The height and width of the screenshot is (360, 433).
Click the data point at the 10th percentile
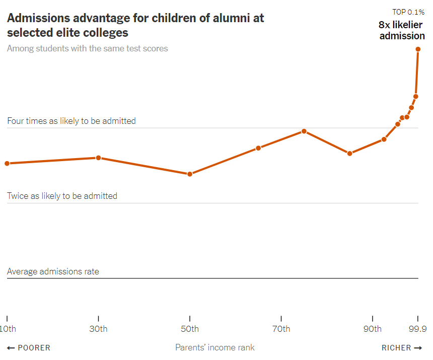[7, 163]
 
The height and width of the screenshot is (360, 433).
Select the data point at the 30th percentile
[99, 158]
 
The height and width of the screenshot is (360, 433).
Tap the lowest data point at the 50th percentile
[190, 174]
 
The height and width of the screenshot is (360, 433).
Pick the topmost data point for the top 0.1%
[418, 49]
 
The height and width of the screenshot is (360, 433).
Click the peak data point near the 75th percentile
[304, 131]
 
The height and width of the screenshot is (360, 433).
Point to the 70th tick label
[281, 329]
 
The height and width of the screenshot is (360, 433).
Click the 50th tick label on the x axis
[190, 329]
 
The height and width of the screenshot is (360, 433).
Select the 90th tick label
[373, 329]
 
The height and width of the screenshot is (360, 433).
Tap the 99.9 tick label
[418, 329]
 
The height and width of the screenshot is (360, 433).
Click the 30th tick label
[99, 329]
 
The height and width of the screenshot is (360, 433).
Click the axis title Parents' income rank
[215, 347]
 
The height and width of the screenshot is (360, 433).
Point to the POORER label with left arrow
[29, 348]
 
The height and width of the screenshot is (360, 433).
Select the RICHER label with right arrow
[402, 348]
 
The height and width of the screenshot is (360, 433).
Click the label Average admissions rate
[53, 271]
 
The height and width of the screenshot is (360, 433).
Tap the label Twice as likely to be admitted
[62, 196]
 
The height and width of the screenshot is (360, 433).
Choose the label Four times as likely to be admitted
[71, 121]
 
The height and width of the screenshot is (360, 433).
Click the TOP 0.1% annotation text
[408, 12]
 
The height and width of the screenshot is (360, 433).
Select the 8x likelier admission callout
[402, 30]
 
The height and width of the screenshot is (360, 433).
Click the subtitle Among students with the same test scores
[88, 48]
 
